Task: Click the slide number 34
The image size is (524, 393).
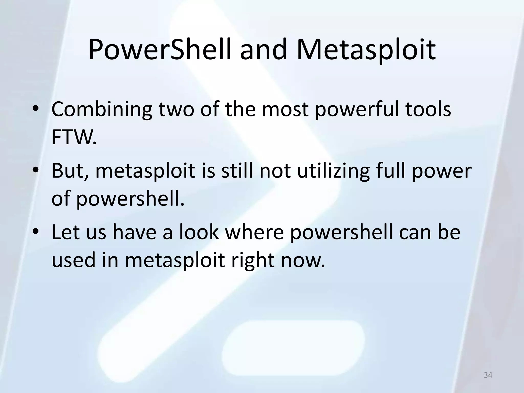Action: (488, 375)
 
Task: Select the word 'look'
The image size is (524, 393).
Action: (199, 232)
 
